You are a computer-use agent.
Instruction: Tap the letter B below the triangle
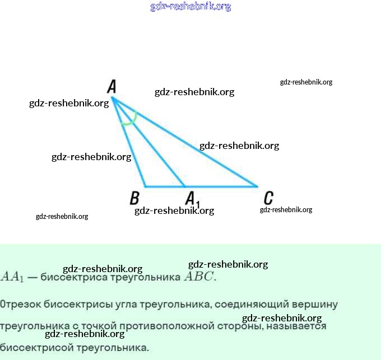(134, 198)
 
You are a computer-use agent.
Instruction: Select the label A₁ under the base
(192, 199)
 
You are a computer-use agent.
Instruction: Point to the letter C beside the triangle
(268, 198)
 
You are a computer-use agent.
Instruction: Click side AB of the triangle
(129, 143)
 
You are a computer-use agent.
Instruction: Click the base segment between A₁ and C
(221, 186)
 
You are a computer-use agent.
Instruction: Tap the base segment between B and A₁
(165, 186)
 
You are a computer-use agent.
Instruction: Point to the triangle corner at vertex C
(257, 186)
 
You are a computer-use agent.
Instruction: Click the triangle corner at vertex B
(145, 186)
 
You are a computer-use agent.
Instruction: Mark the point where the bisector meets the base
(185, 186)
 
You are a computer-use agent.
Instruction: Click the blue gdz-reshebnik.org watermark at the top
(190, 7)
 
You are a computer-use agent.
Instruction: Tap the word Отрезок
(18, 305)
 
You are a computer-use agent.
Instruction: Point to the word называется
(296, 326)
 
